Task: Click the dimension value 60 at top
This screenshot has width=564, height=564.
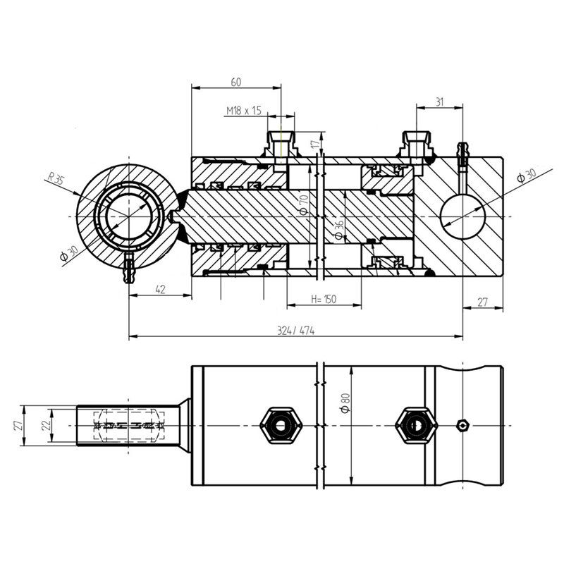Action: point(236,82)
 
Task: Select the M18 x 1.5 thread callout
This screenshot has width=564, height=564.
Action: point(243,111)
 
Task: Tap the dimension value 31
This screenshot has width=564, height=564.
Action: point(439,102)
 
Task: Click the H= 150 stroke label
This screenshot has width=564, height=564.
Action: point(324,299)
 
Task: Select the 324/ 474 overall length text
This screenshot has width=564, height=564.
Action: point(295,331)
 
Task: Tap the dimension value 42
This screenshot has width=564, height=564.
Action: point(161,289)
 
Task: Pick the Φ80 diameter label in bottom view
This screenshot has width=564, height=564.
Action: point(345,403)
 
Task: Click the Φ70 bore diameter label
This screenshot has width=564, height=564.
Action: point(304,204)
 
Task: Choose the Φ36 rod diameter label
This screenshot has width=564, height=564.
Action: point(339,231)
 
